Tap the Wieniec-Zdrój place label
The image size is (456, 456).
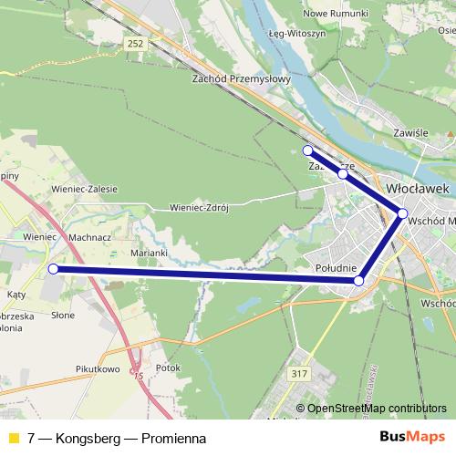click(198, 207)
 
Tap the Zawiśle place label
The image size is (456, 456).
click(410, 132)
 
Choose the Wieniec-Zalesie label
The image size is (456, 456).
click(85, 189)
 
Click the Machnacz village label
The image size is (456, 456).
click(89, 236)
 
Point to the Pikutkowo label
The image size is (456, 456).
click(98, 369)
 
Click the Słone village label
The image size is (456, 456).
click(63, 315)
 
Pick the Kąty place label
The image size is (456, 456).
click(16, 295)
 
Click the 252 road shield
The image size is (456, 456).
click(136, 43)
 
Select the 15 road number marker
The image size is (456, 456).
click(138, 376)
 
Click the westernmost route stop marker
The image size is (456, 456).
click(53, 269)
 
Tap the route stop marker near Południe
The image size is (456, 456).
click(358, 282)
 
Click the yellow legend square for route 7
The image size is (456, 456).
click(13, 438)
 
